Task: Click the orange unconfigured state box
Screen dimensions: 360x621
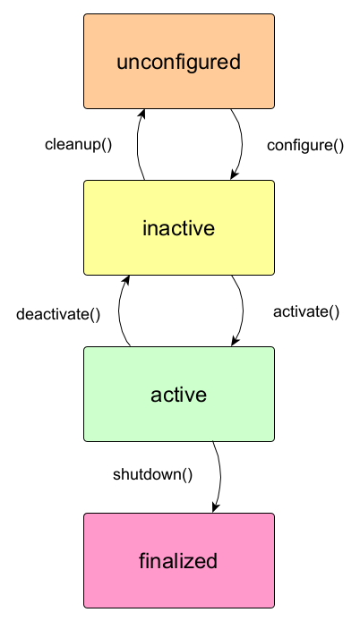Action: (179, 62)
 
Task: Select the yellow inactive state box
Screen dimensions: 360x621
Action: (179, 227)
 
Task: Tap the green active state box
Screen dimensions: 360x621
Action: (179, 394)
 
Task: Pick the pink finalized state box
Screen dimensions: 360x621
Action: (179, 560)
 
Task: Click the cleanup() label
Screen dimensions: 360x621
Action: (79, 145)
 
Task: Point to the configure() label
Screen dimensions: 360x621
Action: (305, 146)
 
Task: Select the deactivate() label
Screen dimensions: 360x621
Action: (58, 314)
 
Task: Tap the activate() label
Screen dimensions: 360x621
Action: (306, 312)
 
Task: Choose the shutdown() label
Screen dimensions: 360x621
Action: (152, 474)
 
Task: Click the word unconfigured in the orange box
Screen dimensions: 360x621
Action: (178, 62)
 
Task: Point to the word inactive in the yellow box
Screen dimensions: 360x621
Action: (178, 228)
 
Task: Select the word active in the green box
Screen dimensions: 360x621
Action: (178, 395)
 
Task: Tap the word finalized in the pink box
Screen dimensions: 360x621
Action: (178, 561)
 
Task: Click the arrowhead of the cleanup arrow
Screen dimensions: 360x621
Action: (141, 114)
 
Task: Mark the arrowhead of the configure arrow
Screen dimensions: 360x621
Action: (234, 174)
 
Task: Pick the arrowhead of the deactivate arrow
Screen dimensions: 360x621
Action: (126, 280)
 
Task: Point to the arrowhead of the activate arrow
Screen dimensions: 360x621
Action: (236, 341)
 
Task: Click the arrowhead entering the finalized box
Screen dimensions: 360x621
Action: (216, 507)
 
